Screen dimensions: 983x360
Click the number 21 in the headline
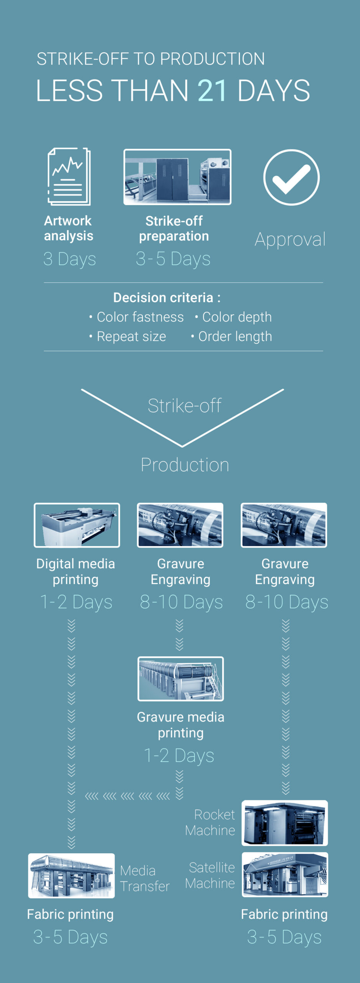[x=212, y=91]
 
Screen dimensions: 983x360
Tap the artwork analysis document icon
[x=69, y=176]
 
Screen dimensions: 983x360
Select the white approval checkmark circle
[x=291, y=177]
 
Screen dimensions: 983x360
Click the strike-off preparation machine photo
[x=177, y=177]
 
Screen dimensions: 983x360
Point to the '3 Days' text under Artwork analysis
[x=69, y=259]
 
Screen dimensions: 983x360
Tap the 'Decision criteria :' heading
[x=167, y=298]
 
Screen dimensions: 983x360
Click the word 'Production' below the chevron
[x=185, y=465]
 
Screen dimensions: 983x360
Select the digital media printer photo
[x=77, y=525]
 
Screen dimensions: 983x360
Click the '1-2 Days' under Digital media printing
[x=76, y=602]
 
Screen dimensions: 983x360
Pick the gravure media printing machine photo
[x=180, y=679]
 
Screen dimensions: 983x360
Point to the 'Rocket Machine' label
[x=210, y=822]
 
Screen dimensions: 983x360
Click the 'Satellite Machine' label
[x=210, y=875]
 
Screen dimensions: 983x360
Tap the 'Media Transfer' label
[x=144, y=879]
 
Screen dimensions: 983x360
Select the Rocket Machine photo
[x=284, y=823]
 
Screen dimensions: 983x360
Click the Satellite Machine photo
[x=284, y=875]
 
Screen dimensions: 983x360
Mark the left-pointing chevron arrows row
[x=127, y=796]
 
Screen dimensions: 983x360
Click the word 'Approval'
[x=290, y=240]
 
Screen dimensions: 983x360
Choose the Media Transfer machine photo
[x=71, y=875]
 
